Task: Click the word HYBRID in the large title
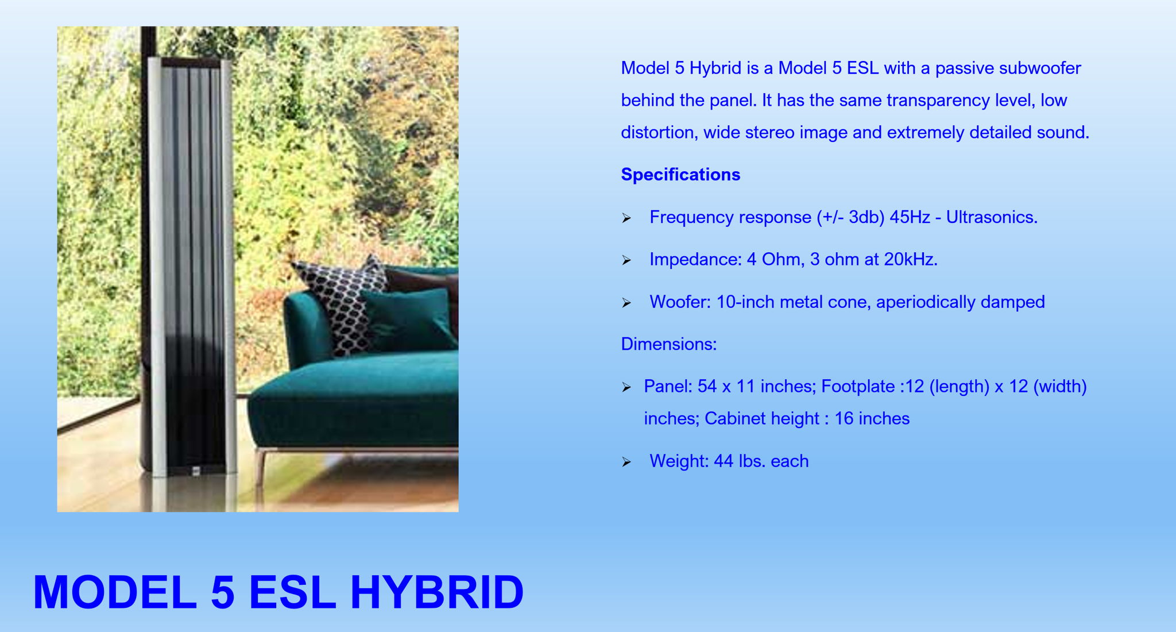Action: point(437,592)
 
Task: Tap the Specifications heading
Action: point(680,175)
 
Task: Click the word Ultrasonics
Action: point(992,217)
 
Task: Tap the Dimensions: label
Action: point(669,344)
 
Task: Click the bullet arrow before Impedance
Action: point(626,261)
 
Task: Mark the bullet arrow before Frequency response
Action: point(626,218)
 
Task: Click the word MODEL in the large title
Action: point(115,592)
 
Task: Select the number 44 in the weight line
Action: point(724,461)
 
